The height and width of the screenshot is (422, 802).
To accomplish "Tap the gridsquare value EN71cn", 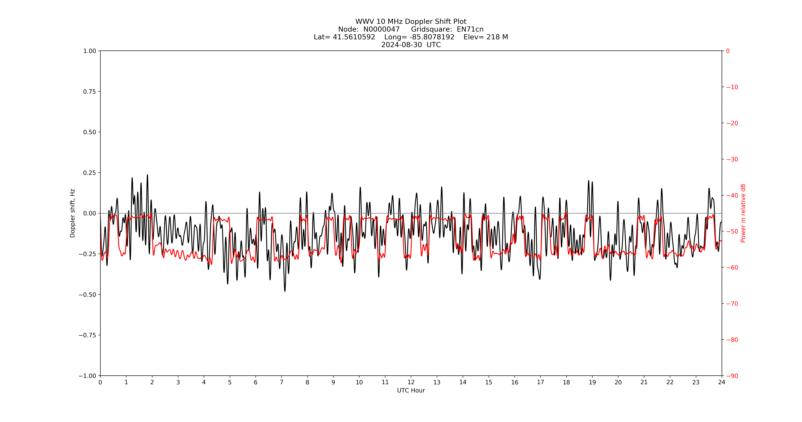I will coord(470,29).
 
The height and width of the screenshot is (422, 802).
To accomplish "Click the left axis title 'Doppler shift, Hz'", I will coord(73,213).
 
